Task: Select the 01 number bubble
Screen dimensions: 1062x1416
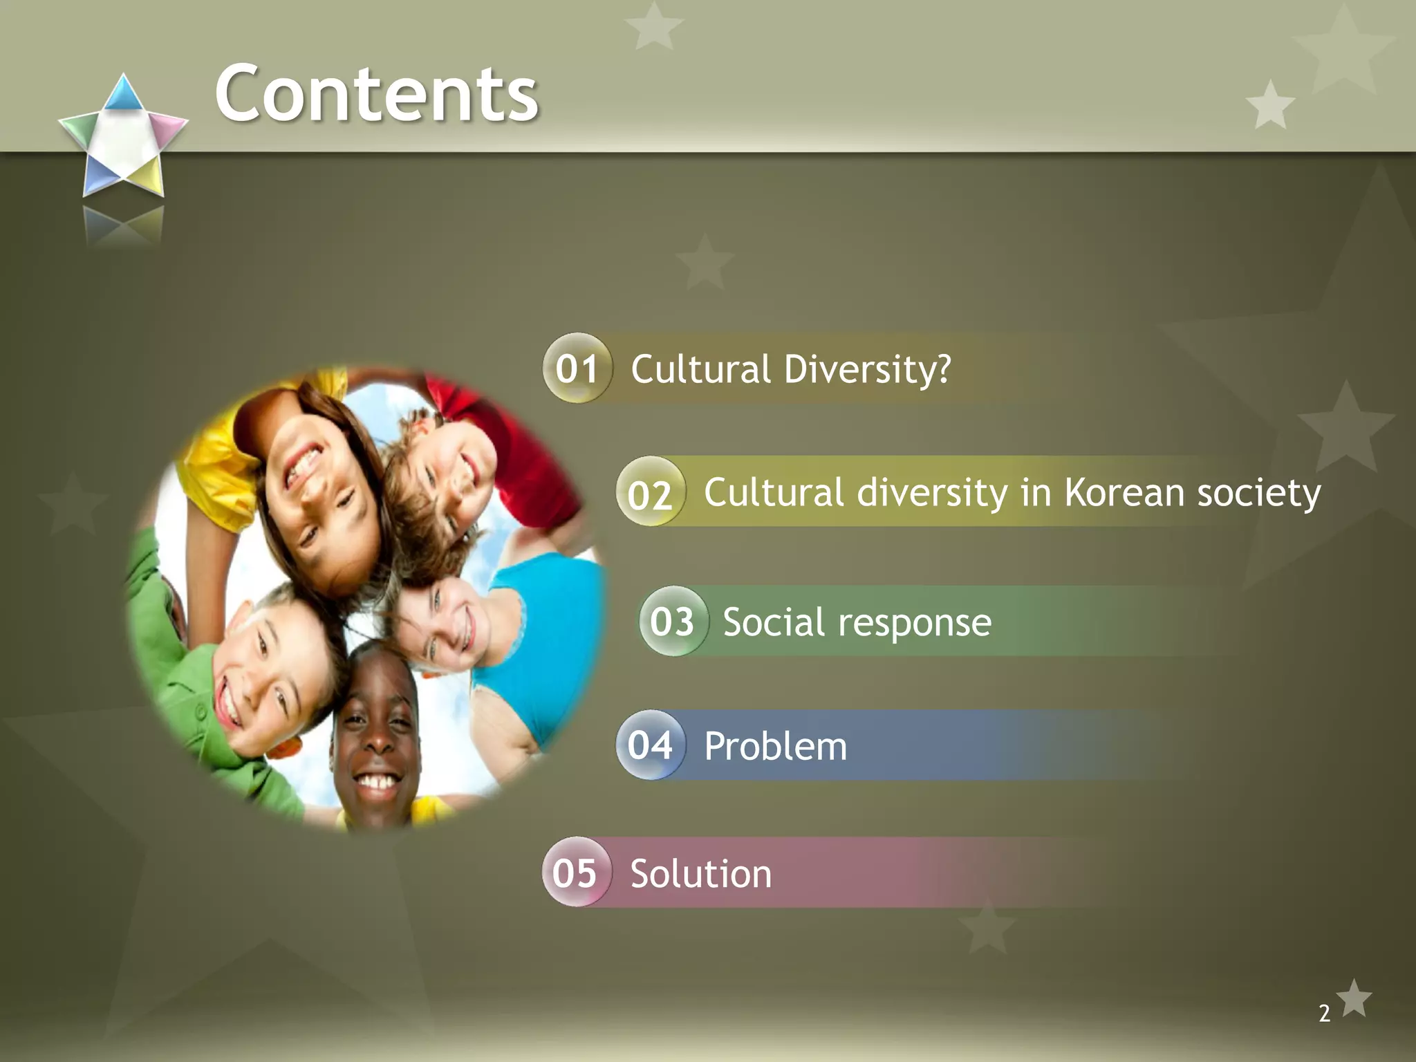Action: click(x=577, y=369)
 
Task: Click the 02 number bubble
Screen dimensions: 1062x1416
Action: click(x=650, y=492)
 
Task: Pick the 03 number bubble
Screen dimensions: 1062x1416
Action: click(x=672, y=621)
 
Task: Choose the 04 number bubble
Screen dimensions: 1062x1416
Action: click(x=650, y=745)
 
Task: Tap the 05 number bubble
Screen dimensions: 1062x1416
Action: click(x=575, y=873)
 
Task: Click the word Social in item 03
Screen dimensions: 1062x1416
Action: click(x=773, y=622)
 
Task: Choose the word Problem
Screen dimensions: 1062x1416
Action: click(x=775, y=747)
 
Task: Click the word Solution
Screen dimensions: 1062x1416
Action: click(x=700, y=874)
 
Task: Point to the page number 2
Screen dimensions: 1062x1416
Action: click(x=1324, y=1013)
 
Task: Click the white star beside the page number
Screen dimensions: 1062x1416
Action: click(x=1354, y=998)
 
